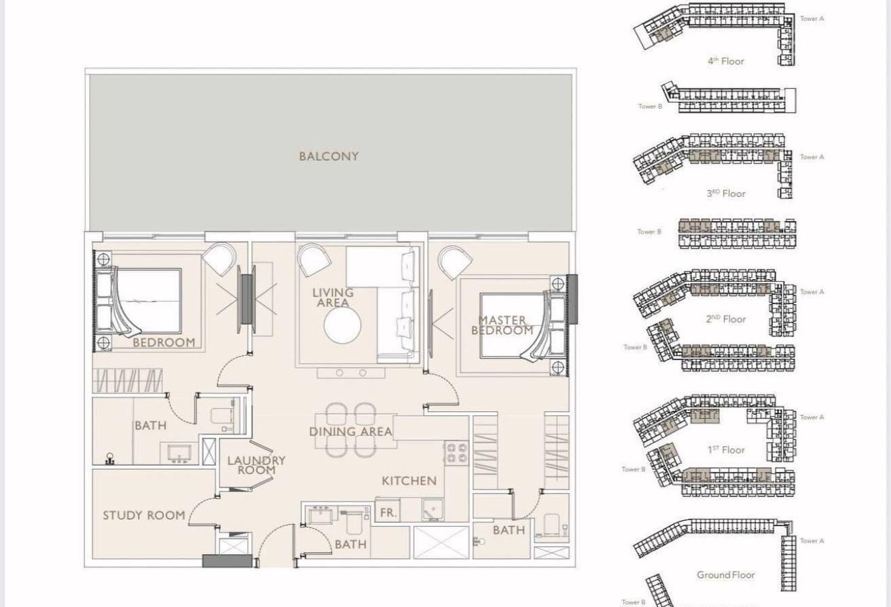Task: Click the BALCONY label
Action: coord(329,156)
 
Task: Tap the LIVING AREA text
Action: coord(333,297)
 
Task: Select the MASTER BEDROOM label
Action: coord(502,325)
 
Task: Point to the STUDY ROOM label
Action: coord(144,515)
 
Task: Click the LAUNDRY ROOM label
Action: coord(257,465)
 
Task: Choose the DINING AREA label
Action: coord(350,432)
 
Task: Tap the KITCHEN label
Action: coord(409,481)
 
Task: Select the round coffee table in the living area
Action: coord(342,326)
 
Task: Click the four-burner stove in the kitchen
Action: coord(456,453)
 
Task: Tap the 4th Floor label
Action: coord(725,61)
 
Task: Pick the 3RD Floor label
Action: coord(725,194)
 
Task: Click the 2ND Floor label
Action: coord(725,319)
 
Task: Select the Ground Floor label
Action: coord(725,575)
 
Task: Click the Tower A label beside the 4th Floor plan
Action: coord(812,19)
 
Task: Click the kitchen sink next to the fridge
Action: coord(433,510)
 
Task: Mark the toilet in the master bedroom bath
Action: coord(552,524)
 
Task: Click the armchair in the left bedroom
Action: coord(219,259)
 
